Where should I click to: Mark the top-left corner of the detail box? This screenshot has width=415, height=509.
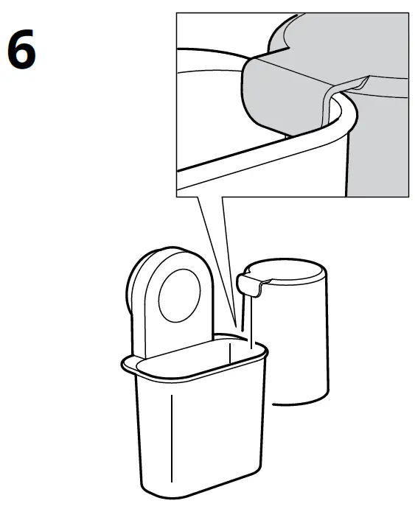pyautogui.click(x=177, y=13)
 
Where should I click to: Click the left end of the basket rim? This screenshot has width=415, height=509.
pyautogui.click(x=124, y=362)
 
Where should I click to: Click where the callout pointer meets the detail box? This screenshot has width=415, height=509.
pyautogui.click(x=214, y=197)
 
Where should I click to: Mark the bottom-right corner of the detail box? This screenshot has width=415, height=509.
pyautogui.click(x=408, y=196)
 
